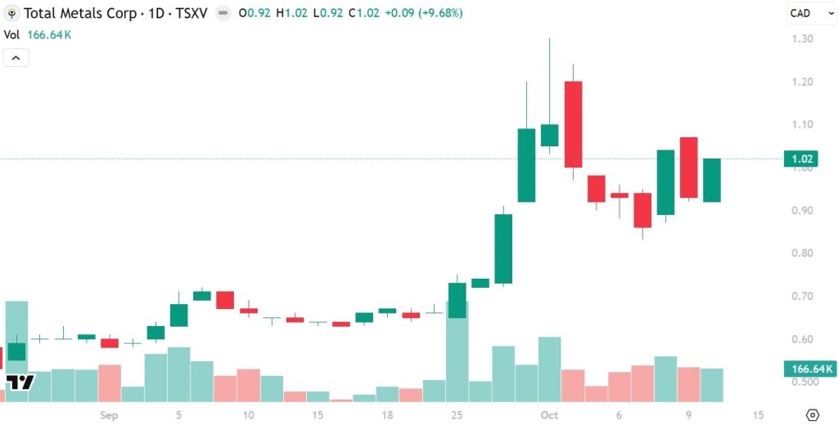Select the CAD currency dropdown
click(x=806, y=13)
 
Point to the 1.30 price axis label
click(x=801, y=39)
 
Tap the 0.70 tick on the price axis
click(x=801, y=296)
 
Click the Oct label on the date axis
click(x=548, y=415)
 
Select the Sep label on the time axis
click(x=110, y=415)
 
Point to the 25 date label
click(x=457, y=415)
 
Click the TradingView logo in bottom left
click(x=20, y=382)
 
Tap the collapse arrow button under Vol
click(x=16, y=58)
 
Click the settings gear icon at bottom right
click(x=812, y=415)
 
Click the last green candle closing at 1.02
click(x=712, y=180)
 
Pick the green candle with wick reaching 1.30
click(x=549, y=135)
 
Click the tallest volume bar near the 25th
click(x=457, y=351)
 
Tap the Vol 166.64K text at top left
click(x=38, y=34)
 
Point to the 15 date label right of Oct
click(x=759, y=415)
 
